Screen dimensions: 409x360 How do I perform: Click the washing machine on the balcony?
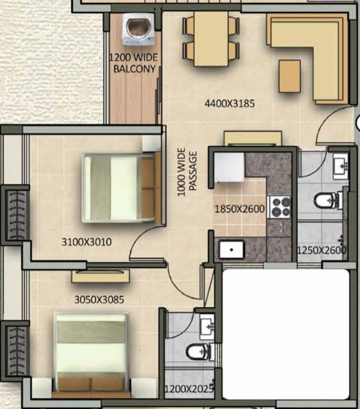pos(137,29)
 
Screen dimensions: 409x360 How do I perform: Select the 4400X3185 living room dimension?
pos(230,103)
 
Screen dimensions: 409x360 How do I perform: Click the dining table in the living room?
pos(211,39)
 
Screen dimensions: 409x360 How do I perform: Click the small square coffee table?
pos(290,76)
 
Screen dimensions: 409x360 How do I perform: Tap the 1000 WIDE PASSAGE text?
pos(187,172)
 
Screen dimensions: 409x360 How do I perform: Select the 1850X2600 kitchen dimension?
pos(239,209)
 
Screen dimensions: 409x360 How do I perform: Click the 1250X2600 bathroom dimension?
pos(322,250)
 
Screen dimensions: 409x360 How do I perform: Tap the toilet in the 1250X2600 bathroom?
pos(326,200)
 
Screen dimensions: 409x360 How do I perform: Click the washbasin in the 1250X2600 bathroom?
pos(340,166)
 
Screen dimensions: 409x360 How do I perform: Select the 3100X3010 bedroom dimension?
pos(86,242)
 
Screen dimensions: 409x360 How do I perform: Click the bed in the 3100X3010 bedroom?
pos(121,187)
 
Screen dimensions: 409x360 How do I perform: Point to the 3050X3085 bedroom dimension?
pos(99,300)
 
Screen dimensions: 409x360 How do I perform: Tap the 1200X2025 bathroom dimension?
pos(189,389)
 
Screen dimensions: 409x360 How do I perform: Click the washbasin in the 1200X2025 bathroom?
pos(207,326)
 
